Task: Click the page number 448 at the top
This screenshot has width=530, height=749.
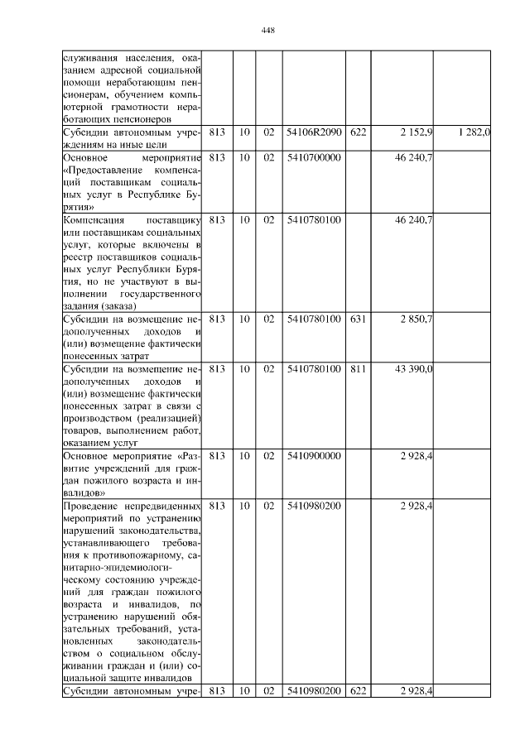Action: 267,31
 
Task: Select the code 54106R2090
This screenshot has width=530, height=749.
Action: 313,132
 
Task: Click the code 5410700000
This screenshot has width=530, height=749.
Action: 313,156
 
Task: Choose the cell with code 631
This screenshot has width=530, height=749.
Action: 358,319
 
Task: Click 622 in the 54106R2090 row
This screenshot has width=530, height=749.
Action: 358,132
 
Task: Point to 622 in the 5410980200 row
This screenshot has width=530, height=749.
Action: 358,691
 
